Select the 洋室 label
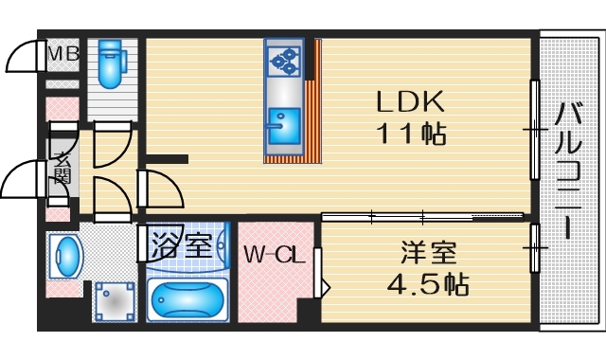click(x=429, y=253)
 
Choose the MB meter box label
click(x=63, y=55)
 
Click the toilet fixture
click(x=112, y=62)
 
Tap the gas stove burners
click(x=283, y=63)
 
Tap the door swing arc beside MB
click(x=23, y=59)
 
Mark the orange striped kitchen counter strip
click(x=312, y=104)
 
